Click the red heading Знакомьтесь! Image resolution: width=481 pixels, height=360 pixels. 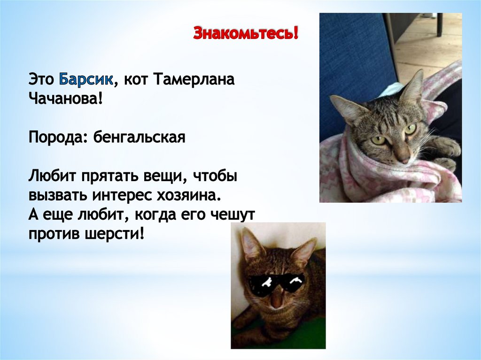pos(246,34)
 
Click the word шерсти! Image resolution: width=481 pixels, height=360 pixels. pos(116,234)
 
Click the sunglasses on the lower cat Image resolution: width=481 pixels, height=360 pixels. pos(276,283)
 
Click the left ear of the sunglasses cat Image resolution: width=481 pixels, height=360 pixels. pos(252,243)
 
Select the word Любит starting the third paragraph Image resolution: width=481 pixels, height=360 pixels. pos(52,176)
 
